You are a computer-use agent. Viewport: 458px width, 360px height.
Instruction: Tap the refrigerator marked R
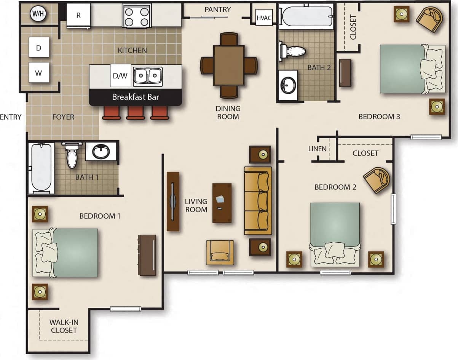(x=79, y=16)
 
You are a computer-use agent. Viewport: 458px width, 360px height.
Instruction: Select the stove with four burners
(x=136, y=16)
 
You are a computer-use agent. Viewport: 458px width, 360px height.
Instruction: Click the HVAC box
(x=264, y=18)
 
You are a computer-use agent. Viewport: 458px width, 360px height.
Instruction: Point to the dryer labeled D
(x=39, y=48)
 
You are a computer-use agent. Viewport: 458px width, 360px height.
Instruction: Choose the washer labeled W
(x=39, y=72)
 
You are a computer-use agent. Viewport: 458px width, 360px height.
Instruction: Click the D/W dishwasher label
(x=120, y=76)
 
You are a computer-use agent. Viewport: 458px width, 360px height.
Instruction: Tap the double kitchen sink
(x=148, y=75)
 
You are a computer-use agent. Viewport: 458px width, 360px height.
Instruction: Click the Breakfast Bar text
(x=135, y=97)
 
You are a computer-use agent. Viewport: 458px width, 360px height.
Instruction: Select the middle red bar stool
(x=135, y=112)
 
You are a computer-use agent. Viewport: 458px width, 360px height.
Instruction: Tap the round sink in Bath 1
(x=101, y=152)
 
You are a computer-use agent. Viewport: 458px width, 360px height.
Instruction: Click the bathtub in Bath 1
(x=41, y=168)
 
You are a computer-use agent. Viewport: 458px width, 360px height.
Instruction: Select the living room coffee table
(x=222, y=203)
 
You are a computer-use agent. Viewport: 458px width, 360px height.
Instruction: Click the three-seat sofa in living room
(x=258, y=200)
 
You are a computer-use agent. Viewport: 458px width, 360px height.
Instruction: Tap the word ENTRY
(x=11, y=117)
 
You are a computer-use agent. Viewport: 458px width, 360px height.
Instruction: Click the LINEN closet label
(x=317, y=149)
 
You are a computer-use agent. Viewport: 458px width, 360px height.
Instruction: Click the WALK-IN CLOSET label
(x=64, y=326)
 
